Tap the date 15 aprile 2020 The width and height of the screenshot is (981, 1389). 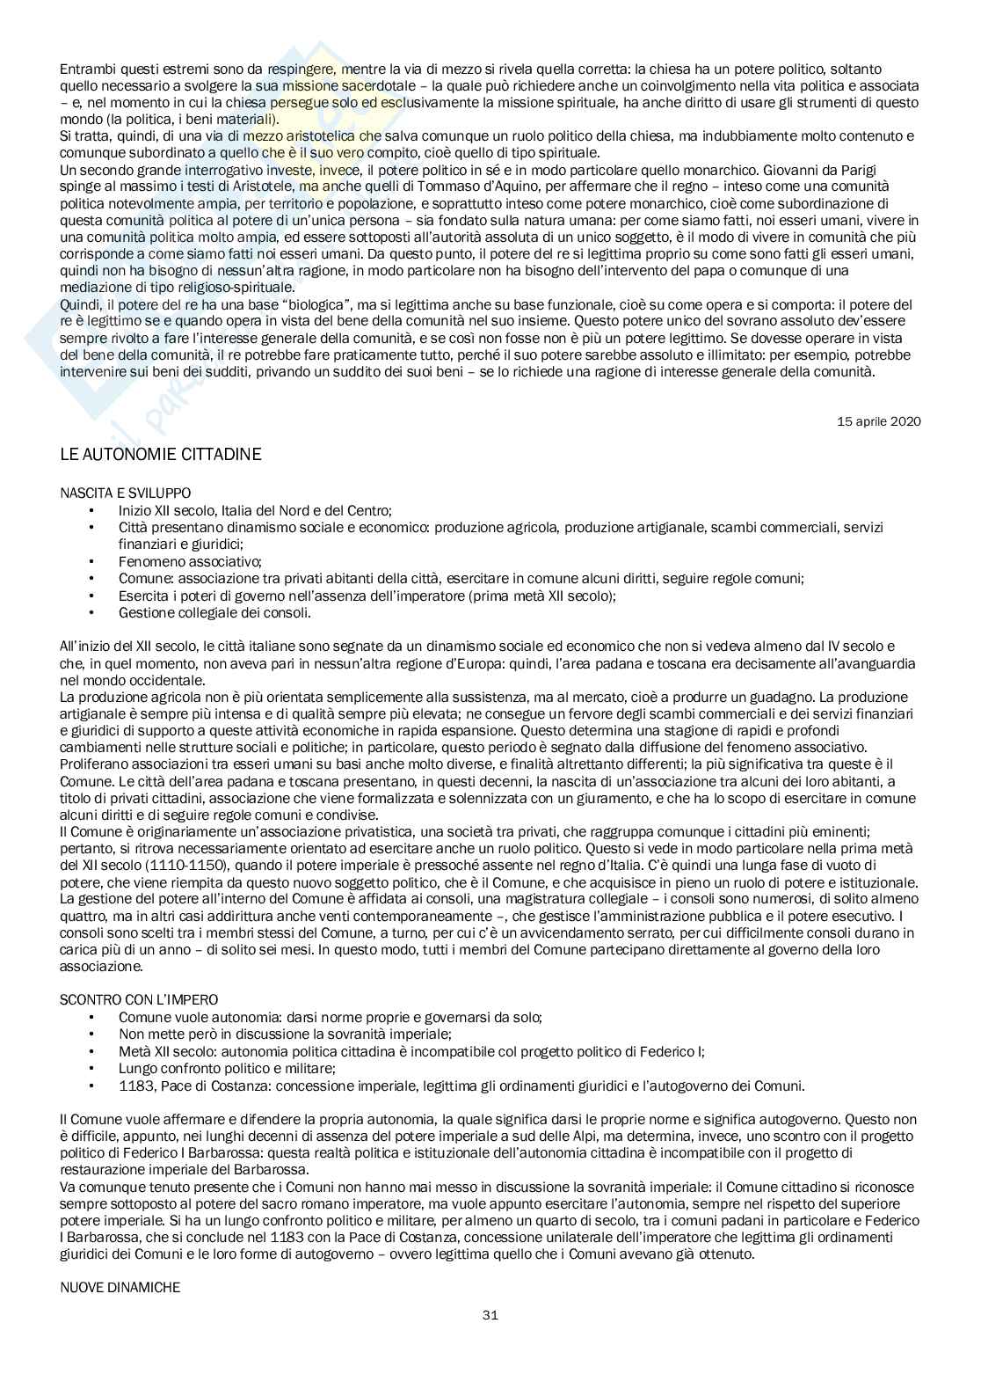[878, 420]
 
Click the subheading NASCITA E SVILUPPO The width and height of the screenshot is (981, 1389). [126, 493]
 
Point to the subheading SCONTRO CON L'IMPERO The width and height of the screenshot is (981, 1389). [139, 999]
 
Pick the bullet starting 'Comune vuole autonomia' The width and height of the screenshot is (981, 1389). [330, 1017]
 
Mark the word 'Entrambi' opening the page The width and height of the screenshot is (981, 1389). [85, 69]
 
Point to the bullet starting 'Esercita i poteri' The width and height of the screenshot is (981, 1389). [367, 596]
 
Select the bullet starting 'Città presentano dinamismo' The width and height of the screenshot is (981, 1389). [500, 527]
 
